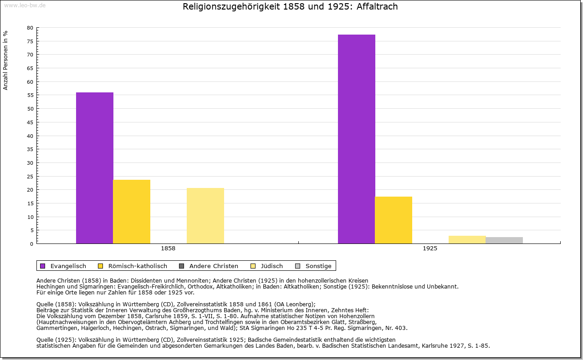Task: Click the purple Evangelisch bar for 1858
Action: click(94, 168)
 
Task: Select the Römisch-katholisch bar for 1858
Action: click(132, 212)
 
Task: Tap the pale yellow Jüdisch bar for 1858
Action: click(205, 216)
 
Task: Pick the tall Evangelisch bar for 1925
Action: click(356, 139)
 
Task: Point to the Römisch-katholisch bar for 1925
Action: click(394, 220)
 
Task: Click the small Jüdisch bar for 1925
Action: click(467, 239)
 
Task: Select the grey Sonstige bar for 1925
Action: click(504, 240)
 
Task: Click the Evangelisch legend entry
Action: click(68, 266)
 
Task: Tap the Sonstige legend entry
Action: click(318, 266)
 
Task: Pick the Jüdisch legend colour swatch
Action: click(254, 266)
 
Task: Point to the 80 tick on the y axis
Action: click(30, 28)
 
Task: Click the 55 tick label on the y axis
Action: click(30, 95)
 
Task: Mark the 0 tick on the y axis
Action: click(31, 243)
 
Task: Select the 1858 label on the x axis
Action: click(168, 249)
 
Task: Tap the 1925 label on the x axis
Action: click(430, 249)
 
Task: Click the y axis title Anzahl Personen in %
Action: click(5, 60)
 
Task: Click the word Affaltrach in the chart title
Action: click(378, 7)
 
